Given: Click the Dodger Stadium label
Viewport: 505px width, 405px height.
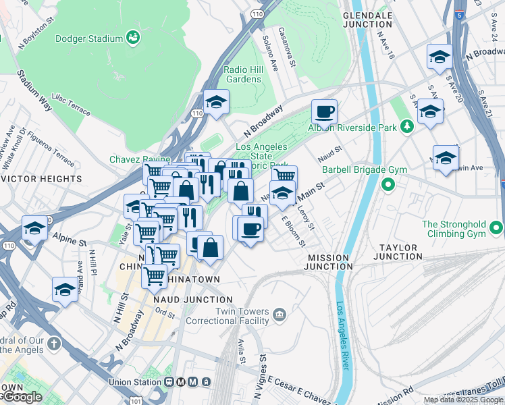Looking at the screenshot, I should [x=88, y=38].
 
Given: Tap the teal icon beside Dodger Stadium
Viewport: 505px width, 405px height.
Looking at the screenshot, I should [x=133, y=38].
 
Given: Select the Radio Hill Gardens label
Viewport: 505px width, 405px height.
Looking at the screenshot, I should [x=242, y=74].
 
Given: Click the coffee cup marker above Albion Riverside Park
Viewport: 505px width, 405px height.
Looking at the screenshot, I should [x=324, y=111].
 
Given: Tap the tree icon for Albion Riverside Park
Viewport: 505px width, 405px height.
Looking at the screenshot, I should [x=407, y=126].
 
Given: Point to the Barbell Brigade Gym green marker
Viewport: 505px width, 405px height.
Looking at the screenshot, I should [x=388, y=184].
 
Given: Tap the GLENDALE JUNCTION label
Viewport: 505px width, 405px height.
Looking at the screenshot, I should [x=368, y=19].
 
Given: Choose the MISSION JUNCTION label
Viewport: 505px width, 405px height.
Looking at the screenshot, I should [x=328, y=262].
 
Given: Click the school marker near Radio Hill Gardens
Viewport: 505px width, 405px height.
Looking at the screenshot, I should [x=216, y=103].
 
